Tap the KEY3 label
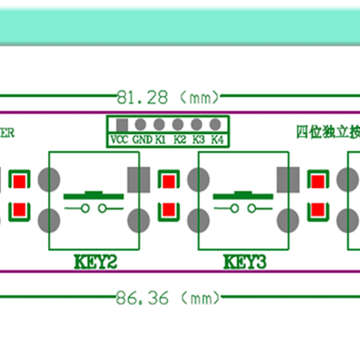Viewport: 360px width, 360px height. coord(245,262)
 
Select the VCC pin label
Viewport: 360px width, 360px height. coord(119,139)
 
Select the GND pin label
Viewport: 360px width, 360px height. coord(142,139)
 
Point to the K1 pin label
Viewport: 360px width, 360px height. coord(161,139)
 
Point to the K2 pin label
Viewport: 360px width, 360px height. coord(180,139)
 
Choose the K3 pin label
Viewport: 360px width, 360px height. coord(198,139)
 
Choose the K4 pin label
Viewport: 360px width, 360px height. coord(217,139)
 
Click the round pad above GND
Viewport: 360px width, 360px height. coord(140,124)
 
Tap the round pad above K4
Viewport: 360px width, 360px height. coord(215,124)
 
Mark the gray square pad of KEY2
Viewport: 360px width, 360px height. coord(139,179)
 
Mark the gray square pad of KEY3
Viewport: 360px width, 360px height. coord(288,179)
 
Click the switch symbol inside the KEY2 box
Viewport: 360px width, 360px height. coord(94,202)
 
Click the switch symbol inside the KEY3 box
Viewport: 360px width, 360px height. coord(243,202)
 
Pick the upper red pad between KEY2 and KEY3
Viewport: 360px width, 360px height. coord(168,181)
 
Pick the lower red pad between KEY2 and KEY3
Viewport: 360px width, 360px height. coord(168,209)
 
